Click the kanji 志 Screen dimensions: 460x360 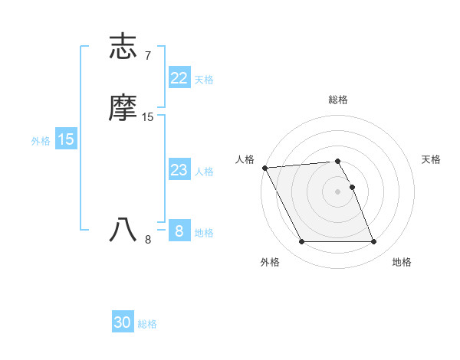pos(123,47)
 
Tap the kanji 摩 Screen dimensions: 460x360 pos(123,108)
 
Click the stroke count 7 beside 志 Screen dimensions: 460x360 pos(147,56)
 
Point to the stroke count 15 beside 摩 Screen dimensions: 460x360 pos(148,117)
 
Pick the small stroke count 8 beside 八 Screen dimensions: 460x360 pos(148,240)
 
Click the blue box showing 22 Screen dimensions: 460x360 pos(179,78)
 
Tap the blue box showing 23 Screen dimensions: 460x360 pos(179,170)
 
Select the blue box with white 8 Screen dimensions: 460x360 pos(179,231)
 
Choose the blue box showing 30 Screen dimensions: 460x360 pos(123,322)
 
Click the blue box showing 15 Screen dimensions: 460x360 pos(66,139)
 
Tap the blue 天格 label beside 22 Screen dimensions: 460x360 pos(204,80)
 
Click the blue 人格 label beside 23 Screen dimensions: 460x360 pos(204,172)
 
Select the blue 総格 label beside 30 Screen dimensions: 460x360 pos(147,324)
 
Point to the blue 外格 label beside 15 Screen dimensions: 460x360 pos(41,141)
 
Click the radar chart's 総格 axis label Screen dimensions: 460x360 pos(338,100)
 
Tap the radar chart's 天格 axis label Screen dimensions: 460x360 pos(431,159)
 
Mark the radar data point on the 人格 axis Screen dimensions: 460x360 pos(264,168)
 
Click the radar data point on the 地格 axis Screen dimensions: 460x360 pos(374,242)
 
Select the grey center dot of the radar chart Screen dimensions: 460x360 pos(338,191)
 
